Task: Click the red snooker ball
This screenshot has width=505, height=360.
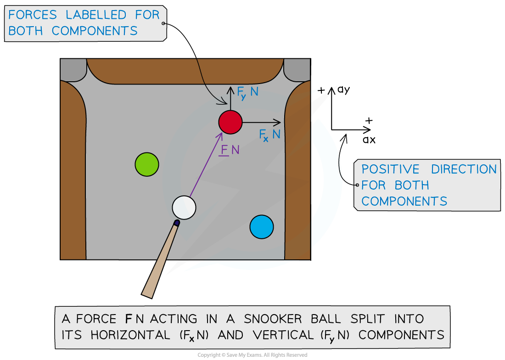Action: (x=230, y=122)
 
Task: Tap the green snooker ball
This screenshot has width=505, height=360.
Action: (x=147, y=164)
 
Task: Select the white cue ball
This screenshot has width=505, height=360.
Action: (x=184, y=207)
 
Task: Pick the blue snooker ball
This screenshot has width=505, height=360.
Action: (x=262, y=226)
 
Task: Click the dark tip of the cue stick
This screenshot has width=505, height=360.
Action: (x=177, y=223)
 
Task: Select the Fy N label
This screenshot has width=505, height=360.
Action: (x=247, y=93)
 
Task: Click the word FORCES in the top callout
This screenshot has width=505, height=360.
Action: (x=33, y=15)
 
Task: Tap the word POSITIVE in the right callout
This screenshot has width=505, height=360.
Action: (x=390, y=169)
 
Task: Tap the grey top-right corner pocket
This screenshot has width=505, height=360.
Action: (x=297, y=69)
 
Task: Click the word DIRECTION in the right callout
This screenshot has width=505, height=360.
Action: (x=464, y=169)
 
